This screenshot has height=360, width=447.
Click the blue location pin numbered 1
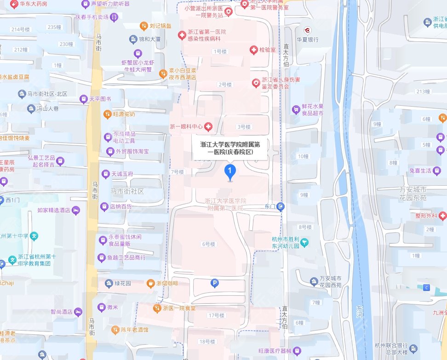[x=230, y=172]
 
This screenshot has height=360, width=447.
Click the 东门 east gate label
[x=270, y=207]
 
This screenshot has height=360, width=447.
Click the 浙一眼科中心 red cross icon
[x=208, y=126]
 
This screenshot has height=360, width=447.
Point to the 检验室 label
[x=267, y=50]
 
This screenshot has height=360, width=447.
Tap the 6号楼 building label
[x=208, y=244]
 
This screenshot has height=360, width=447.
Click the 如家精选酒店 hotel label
[x=53, y=210]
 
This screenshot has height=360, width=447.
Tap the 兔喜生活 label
[x=420, y=171]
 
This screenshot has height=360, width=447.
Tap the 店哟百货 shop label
[x=120, y=207]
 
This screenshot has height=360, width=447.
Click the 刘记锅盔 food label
[x=160, y=26]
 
